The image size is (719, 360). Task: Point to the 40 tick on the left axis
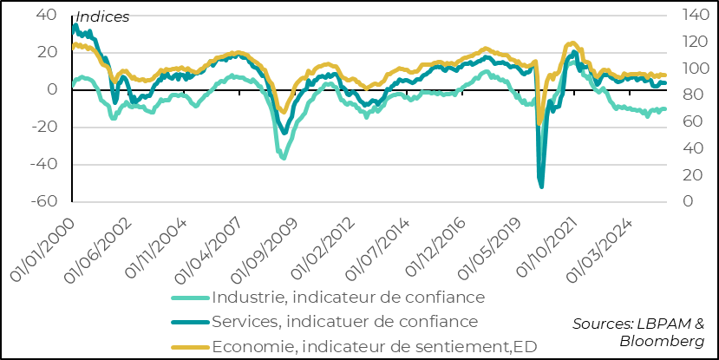46,16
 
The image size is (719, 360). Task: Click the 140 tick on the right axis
694,16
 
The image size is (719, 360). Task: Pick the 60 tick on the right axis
690,121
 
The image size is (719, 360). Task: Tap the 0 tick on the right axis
686,201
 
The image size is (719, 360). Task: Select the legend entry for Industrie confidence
347,298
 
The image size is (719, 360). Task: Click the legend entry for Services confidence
344,322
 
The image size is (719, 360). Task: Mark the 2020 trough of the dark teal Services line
541,187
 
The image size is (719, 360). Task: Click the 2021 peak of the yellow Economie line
572,42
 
